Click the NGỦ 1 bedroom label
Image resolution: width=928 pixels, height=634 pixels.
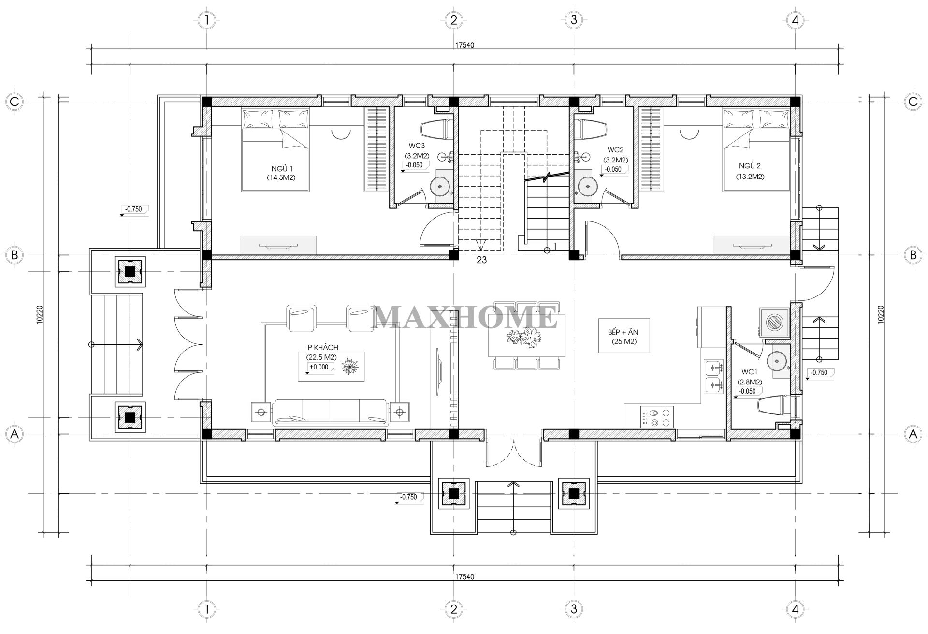283,168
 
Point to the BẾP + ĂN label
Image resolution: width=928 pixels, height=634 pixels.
623,333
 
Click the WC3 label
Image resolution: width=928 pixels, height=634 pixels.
417,146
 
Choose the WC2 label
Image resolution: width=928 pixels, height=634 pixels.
615,150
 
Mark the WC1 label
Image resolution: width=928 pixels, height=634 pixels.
749,372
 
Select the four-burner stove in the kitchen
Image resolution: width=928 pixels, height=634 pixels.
657,417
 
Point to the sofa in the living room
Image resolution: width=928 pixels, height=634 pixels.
330,413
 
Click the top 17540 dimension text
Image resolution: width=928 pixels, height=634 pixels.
464,45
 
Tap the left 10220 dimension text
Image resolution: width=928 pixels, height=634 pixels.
40,316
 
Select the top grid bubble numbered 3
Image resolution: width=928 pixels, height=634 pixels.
574,20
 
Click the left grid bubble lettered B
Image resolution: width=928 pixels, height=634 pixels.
14,255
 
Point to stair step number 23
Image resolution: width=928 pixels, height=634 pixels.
481,260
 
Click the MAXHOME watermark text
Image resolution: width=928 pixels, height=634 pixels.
466,317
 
